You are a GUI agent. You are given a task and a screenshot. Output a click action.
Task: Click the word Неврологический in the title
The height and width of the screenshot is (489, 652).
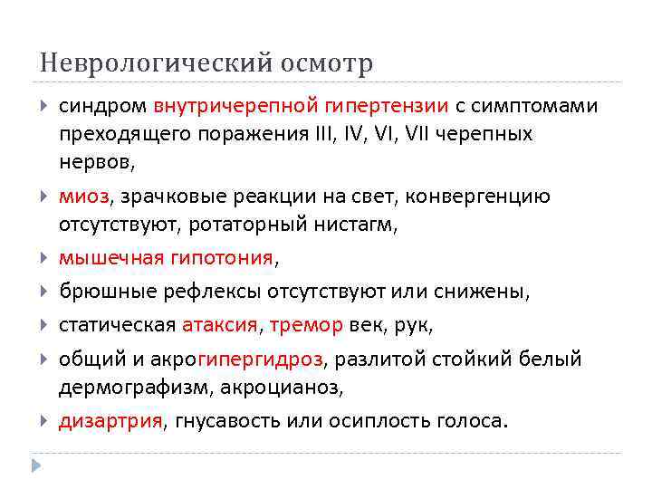click(x=149, y=64)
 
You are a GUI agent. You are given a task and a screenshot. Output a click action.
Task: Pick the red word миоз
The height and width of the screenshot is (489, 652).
click(x=83, y=196)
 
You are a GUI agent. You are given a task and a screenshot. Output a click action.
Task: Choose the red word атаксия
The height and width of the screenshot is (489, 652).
click(x=219, y=325)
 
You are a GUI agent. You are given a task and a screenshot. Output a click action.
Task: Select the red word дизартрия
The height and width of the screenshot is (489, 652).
click(x=110, y=421)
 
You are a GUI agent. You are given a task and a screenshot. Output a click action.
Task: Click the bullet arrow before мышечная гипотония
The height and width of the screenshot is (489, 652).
click(x=45, y=258)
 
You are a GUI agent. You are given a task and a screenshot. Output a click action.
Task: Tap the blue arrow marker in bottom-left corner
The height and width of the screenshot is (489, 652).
click(x=36, y=466)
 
